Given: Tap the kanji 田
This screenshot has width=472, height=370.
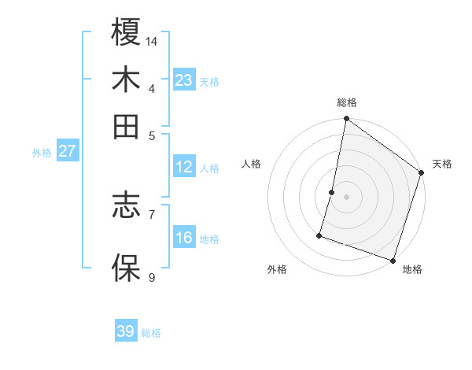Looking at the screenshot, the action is click(126, 126).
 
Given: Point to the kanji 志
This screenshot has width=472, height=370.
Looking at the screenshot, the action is click(126, 206).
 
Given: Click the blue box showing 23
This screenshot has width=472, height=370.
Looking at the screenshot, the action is click(183, 80).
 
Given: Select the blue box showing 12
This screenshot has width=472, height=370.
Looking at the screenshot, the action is click(183, 167).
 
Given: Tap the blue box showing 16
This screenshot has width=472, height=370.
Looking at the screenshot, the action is click(183, 238).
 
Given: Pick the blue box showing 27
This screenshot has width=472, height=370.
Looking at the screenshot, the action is click(67, 151).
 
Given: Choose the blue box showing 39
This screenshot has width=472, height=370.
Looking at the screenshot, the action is click(126, 331).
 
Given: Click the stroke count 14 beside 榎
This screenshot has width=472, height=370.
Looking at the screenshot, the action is click(152, 41).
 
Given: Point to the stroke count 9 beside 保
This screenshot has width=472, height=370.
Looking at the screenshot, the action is click(152, 277).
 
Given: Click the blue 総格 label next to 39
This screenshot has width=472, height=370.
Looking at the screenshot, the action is click(151, 333).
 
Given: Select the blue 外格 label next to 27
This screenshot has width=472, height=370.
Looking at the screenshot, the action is click(42, 153).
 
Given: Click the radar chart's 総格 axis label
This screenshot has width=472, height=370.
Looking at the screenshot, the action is click(346, 102).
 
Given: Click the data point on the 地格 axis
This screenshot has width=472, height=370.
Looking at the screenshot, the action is click(393, 260).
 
